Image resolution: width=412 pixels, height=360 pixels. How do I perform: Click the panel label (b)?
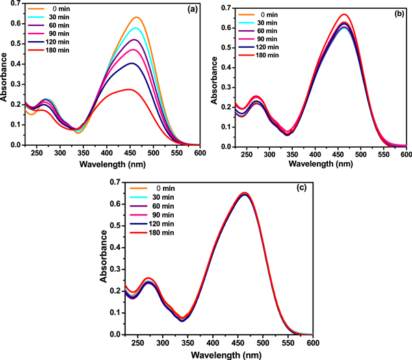click(x=395, y=12)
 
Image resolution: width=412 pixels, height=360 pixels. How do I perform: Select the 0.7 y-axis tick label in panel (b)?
click(x=222, y=8)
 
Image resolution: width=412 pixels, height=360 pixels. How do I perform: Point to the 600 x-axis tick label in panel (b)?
click(x=405, y=154)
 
